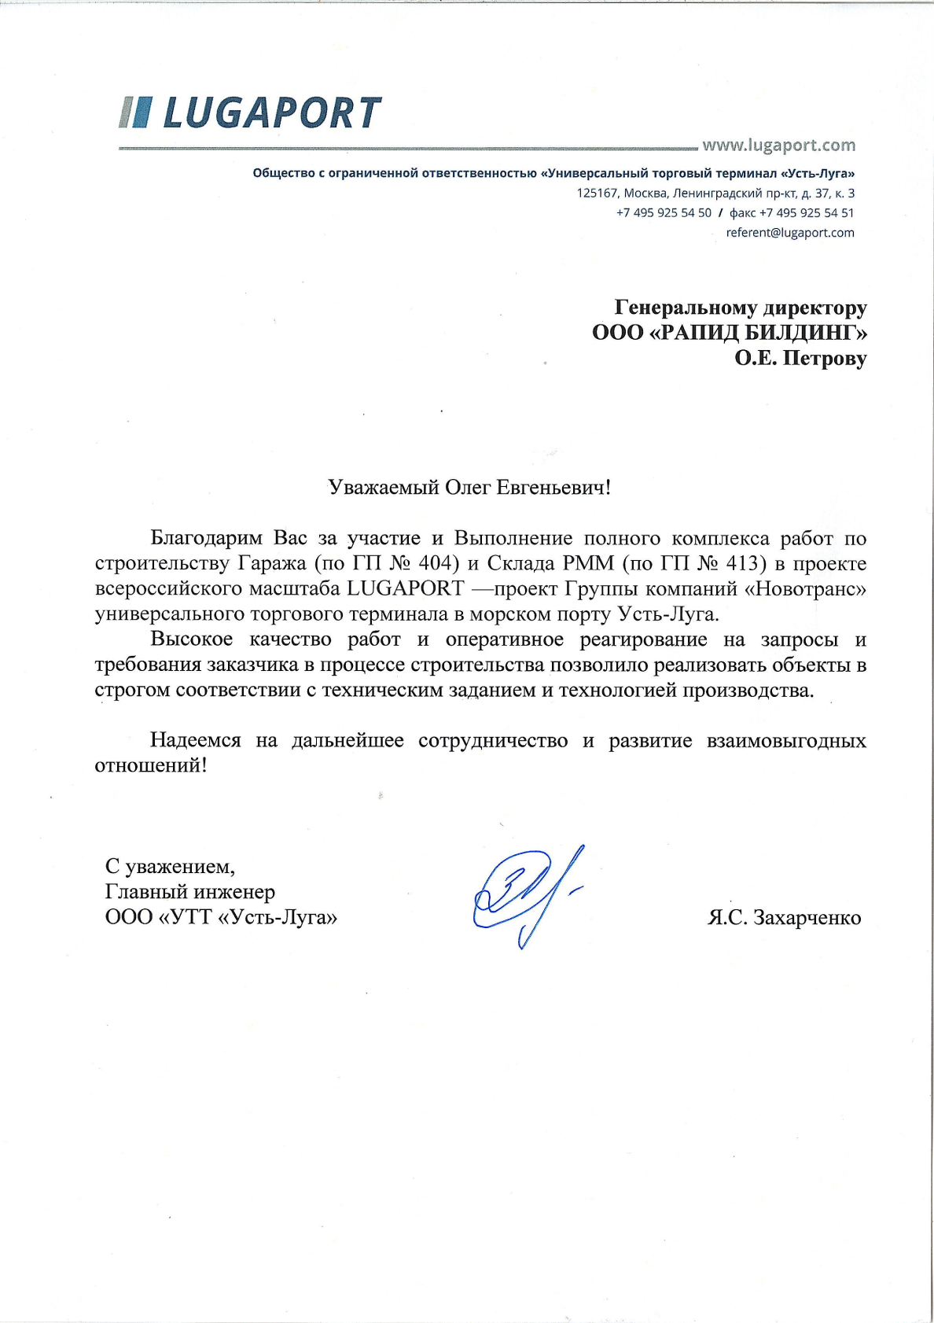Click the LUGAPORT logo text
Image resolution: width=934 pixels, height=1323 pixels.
point(271,113)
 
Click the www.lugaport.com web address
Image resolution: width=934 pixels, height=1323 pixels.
point(778,146)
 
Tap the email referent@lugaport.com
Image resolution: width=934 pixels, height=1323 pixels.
point(789,233)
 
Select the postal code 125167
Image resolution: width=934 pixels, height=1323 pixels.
point(597,193)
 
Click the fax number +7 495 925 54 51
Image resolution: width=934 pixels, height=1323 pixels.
point(806,213)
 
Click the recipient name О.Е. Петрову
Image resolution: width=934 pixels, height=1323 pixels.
point(800,359)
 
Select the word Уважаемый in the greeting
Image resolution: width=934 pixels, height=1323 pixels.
point(383,488)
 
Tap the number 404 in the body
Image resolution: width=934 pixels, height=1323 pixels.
point(437,563)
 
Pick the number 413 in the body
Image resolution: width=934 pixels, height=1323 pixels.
point(745,563)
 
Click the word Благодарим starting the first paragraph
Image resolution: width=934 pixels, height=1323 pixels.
point(206,539)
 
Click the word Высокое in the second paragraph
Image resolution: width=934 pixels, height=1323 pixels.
point(191,639)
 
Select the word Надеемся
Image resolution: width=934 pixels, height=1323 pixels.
point(195,741)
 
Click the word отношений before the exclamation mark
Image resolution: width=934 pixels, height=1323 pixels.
point(147,766)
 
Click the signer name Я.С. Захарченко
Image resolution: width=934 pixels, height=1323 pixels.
point(784,918)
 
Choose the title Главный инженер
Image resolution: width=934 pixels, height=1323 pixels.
point(189,892)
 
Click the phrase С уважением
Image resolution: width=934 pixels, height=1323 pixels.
point(170,867)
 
